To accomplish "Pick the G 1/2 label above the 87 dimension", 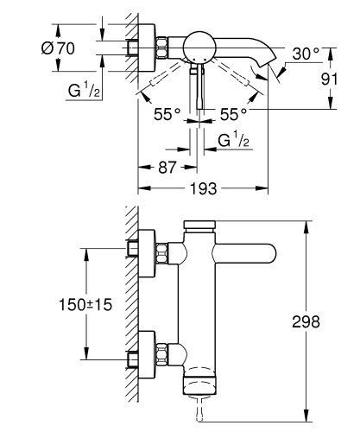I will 234,140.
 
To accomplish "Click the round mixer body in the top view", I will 201,48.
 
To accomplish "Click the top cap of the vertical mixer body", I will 201,226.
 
